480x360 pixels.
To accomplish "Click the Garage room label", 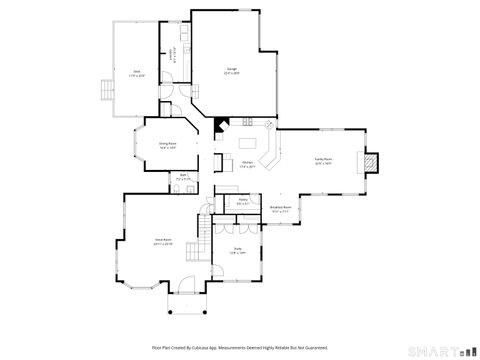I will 231,71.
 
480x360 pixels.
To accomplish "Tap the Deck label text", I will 136,72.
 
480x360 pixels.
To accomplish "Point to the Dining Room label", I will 168,146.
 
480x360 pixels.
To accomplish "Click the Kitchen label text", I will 247,165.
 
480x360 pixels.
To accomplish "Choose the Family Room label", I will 323,160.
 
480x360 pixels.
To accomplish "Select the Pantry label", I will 243,201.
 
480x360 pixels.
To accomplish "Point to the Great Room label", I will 162,240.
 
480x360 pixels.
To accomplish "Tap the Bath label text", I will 184,177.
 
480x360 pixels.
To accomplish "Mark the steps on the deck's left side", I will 103,91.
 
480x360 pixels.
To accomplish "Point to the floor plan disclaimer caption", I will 239,347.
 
